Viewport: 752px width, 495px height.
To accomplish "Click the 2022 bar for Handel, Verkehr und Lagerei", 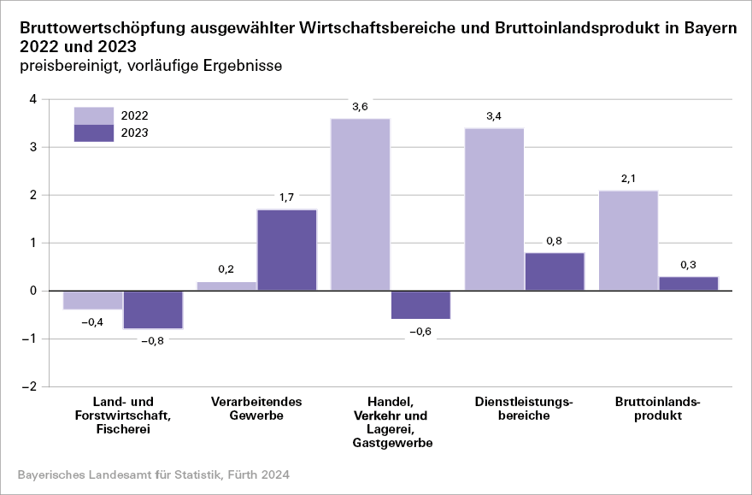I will [x=360, y=205].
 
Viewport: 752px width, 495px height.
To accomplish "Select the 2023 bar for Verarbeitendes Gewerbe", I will [x=286, y=250].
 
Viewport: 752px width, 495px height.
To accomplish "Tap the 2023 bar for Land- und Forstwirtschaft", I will [x=153, y=309].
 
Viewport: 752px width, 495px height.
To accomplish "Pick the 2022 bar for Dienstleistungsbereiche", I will [x=494, y=209].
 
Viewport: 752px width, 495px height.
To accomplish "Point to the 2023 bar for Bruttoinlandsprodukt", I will [x=689, y=284].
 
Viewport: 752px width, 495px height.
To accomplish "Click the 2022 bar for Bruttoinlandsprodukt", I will [x=628, y=240].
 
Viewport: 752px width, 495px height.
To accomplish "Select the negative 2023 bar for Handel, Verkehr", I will [x=420, y=305].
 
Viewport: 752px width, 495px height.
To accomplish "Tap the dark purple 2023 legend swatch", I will [x=94, y=133].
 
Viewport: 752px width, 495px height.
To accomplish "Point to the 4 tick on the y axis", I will [x=33, y=99].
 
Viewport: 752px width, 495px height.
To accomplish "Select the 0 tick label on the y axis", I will [x=33, y=292].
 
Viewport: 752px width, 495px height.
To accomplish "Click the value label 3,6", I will [x=360, y=107].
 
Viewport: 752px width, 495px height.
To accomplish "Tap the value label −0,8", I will [x=153, y=340].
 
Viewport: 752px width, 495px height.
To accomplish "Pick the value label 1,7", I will [x=286, y=197].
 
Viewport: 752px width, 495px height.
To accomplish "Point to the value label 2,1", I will [x=628, y=179].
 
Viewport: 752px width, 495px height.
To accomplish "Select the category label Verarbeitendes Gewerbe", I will [x=256, y=409].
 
